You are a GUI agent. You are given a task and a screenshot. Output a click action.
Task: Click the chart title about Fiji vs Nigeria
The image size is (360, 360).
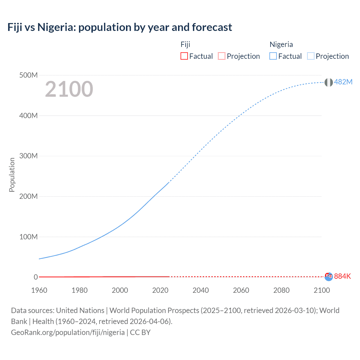coord(120,27)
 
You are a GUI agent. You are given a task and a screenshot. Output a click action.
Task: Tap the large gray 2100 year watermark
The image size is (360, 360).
coord(69,89)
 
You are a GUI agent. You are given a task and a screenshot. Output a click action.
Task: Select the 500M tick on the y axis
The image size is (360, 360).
coord(28,75)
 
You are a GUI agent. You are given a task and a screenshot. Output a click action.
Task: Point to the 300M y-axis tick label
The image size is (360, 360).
coord(28,156)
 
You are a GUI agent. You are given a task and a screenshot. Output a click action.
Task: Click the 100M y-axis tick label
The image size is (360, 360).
coord(28,237)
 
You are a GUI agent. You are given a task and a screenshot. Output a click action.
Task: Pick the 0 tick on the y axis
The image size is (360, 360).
coord(36,277)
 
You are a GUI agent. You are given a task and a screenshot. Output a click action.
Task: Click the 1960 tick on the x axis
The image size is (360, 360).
coord(39,290)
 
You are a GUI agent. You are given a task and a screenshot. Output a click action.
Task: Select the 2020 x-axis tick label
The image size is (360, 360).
coord(160,290)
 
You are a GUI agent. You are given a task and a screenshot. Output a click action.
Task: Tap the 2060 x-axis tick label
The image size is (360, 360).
coord(241,290)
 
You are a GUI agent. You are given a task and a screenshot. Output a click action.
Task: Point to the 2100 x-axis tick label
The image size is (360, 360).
coord(322,290)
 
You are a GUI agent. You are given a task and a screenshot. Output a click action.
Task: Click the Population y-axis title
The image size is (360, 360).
coord(12,175)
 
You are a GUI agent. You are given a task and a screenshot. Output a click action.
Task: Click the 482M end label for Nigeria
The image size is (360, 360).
coord(343,82)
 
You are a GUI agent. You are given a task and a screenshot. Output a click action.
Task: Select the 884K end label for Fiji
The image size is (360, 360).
coord(343,276)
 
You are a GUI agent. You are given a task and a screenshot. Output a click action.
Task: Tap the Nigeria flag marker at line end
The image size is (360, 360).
coord(328,82)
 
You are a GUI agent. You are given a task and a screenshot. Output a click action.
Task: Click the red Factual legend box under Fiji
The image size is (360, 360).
coord(184,56)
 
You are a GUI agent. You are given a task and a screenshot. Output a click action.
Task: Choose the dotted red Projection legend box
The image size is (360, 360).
coord(222,56)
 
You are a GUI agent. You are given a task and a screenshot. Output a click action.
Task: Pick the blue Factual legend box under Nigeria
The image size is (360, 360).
coord(273,56)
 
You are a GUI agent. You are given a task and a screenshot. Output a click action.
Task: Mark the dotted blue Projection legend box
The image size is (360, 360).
coord(311,56)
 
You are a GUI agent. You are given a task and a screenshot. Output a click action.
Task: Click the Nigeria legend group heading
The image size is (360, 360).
coord(281,44)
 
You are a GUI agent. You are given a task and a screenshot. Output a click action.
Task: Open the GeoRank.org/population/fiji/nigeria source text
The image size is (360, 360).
coord(68,332)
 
